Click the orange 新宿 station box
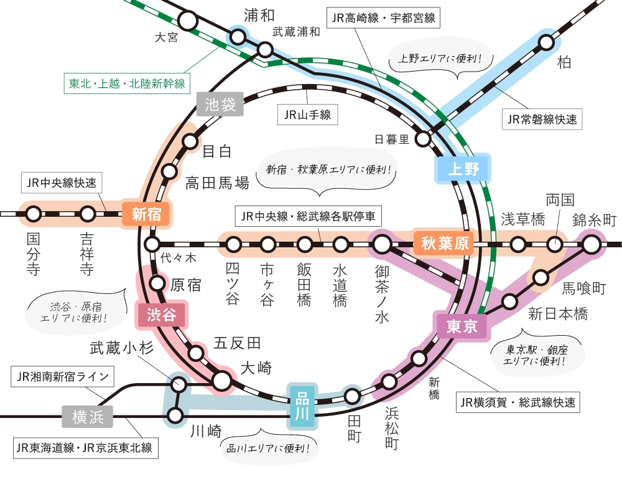[147, 215]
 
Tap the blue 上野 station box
[463, 168]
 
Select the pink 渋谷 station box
[162, 315]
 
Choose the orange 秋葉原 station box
[445, 244]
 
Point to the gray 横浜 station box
[88, 417]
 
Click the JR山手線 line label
[307, 115]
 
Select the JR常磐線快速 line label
[542, 119]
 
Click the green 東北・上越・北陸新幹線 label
[127, 83]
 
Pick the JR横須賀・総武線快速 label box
[518, 402]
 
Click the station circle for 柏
[546, 42]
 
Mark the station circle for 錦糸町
[591, 245]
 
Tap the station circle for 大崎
[222, 379]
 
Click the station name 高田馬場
[217, 183]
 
